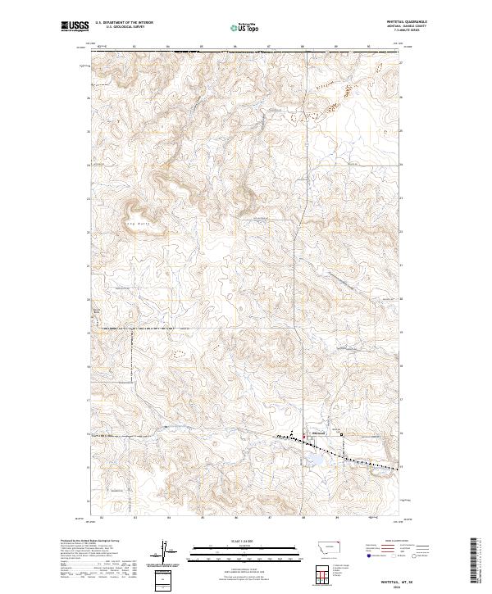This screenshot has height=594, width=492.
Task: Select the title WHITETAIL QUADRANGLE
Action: pos(407,22)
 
